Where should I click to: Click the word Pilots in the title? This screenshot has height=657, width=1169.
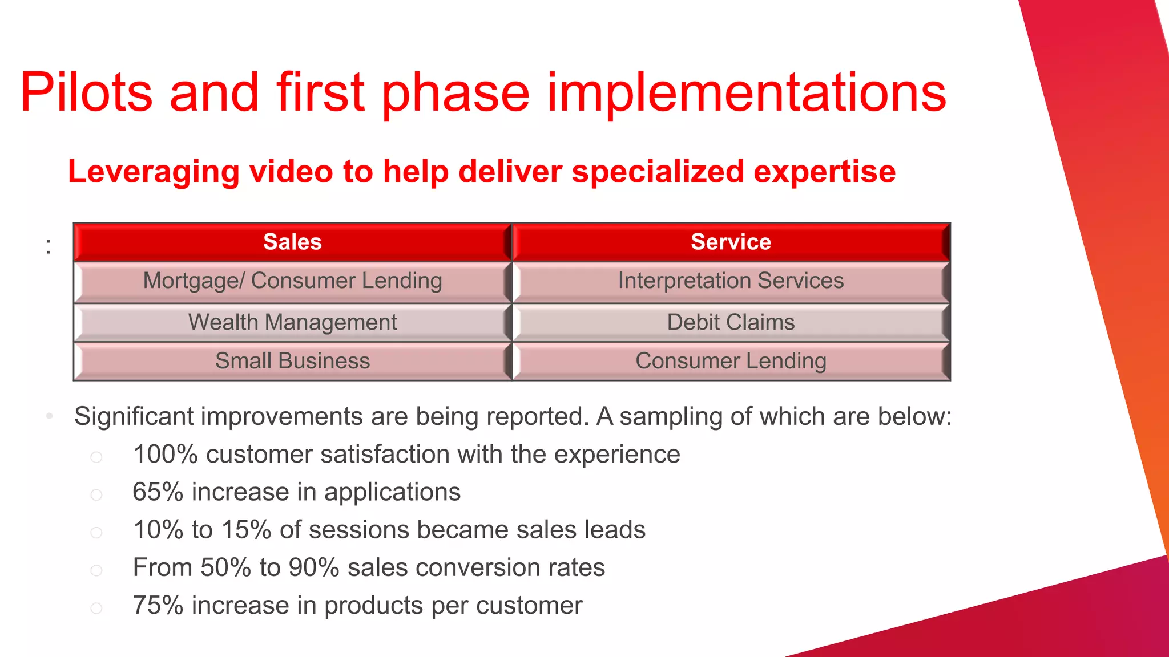(x=86, y=92)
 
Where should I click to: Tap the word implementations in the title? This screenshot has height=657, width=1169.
(x=747, y=92)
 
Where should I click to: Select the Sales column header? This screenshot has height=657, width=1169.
(x=292, y=242)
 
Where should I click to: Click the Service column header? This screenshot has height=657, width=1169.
(x=731, y=242)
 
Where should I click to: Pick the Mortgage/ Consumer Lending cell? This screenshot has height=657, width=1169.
(x=292, y=281)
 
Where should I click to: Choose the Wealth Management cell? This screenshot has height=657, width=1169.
(x=292, y=323)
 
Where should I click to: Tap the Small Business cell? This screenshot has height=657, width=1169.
(x=292, y=361)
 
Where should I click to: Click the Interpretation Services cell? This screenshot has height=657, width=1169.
(x=731, y=281)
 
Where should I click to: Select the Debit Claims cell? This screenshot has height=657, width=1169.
(x=731, y=323)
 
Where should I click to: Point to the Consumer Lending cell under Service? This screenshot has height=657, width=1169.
(x=731, y=361)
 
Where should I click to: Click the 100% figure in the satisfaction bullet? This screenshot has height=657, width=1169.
(x=166, y=455)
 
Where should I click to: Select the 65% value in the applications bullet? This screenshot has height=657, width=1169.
(x=158, y=492)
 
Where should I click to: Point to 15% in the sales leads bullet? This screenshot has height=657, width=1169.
(x=246, y=530)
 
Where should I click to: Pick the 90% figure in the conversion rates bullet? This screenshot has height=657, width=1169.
(x=314, y=568)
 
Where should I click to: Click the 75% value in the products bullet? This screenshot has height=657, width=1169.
(x=158, y=606)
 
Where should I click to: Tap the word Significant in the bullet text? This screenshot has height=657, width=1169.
(x=134, y=416)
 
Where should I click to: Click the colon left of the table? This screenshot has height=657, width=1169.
(x=49, y=247)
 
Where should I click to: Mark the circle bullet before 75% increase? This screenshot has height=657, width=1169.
(x=96, y=609)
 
